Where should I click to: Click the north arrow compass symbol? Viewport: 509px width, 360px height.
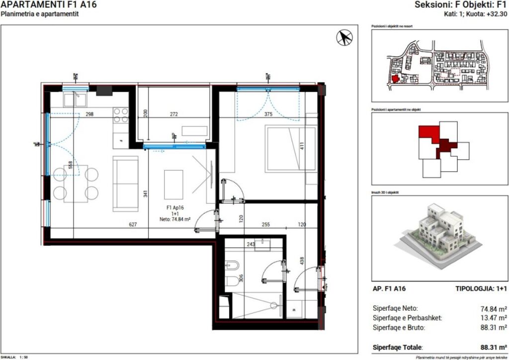click(x=344, y=37)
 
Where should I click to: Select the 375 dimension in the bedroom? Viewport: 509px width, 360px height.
click(x=269, y=114)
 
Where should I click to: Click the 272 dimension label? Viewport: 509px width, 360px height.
click(x=173, y=114)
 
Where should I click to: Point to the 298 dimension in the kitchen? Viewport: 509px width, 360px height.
click(x=89, y=114)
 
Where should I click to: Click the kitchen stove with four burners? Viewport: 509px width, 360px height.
click(x=121, y=115)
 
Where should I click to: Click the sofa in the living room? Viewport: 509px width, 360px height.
click(x=125, y=183)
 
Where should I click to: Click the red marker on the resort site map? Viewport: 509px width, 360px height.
click(x=395, y=78)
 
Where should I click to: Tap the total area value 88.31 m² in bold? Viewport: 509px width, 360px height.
click(x=494, y=347)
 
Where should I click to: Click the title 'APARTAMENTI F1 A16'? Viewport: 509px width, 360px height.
click(x=48, y=5)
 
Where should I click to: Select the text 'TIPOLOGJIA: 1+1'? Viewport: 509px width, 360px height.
click(x=481, y=288)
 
